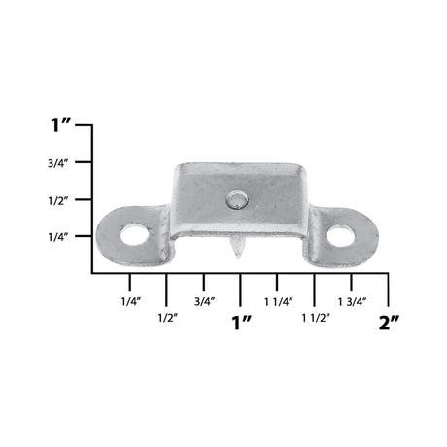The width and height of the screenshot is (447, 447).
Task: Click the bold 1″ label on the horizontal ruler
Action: tap(241, 322)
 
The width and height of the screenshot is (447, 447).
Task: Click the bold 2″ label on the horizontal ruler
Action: tap(389, 322)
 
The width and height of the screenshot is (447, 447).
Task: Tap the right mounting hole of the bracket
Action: tap(340, 234)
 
